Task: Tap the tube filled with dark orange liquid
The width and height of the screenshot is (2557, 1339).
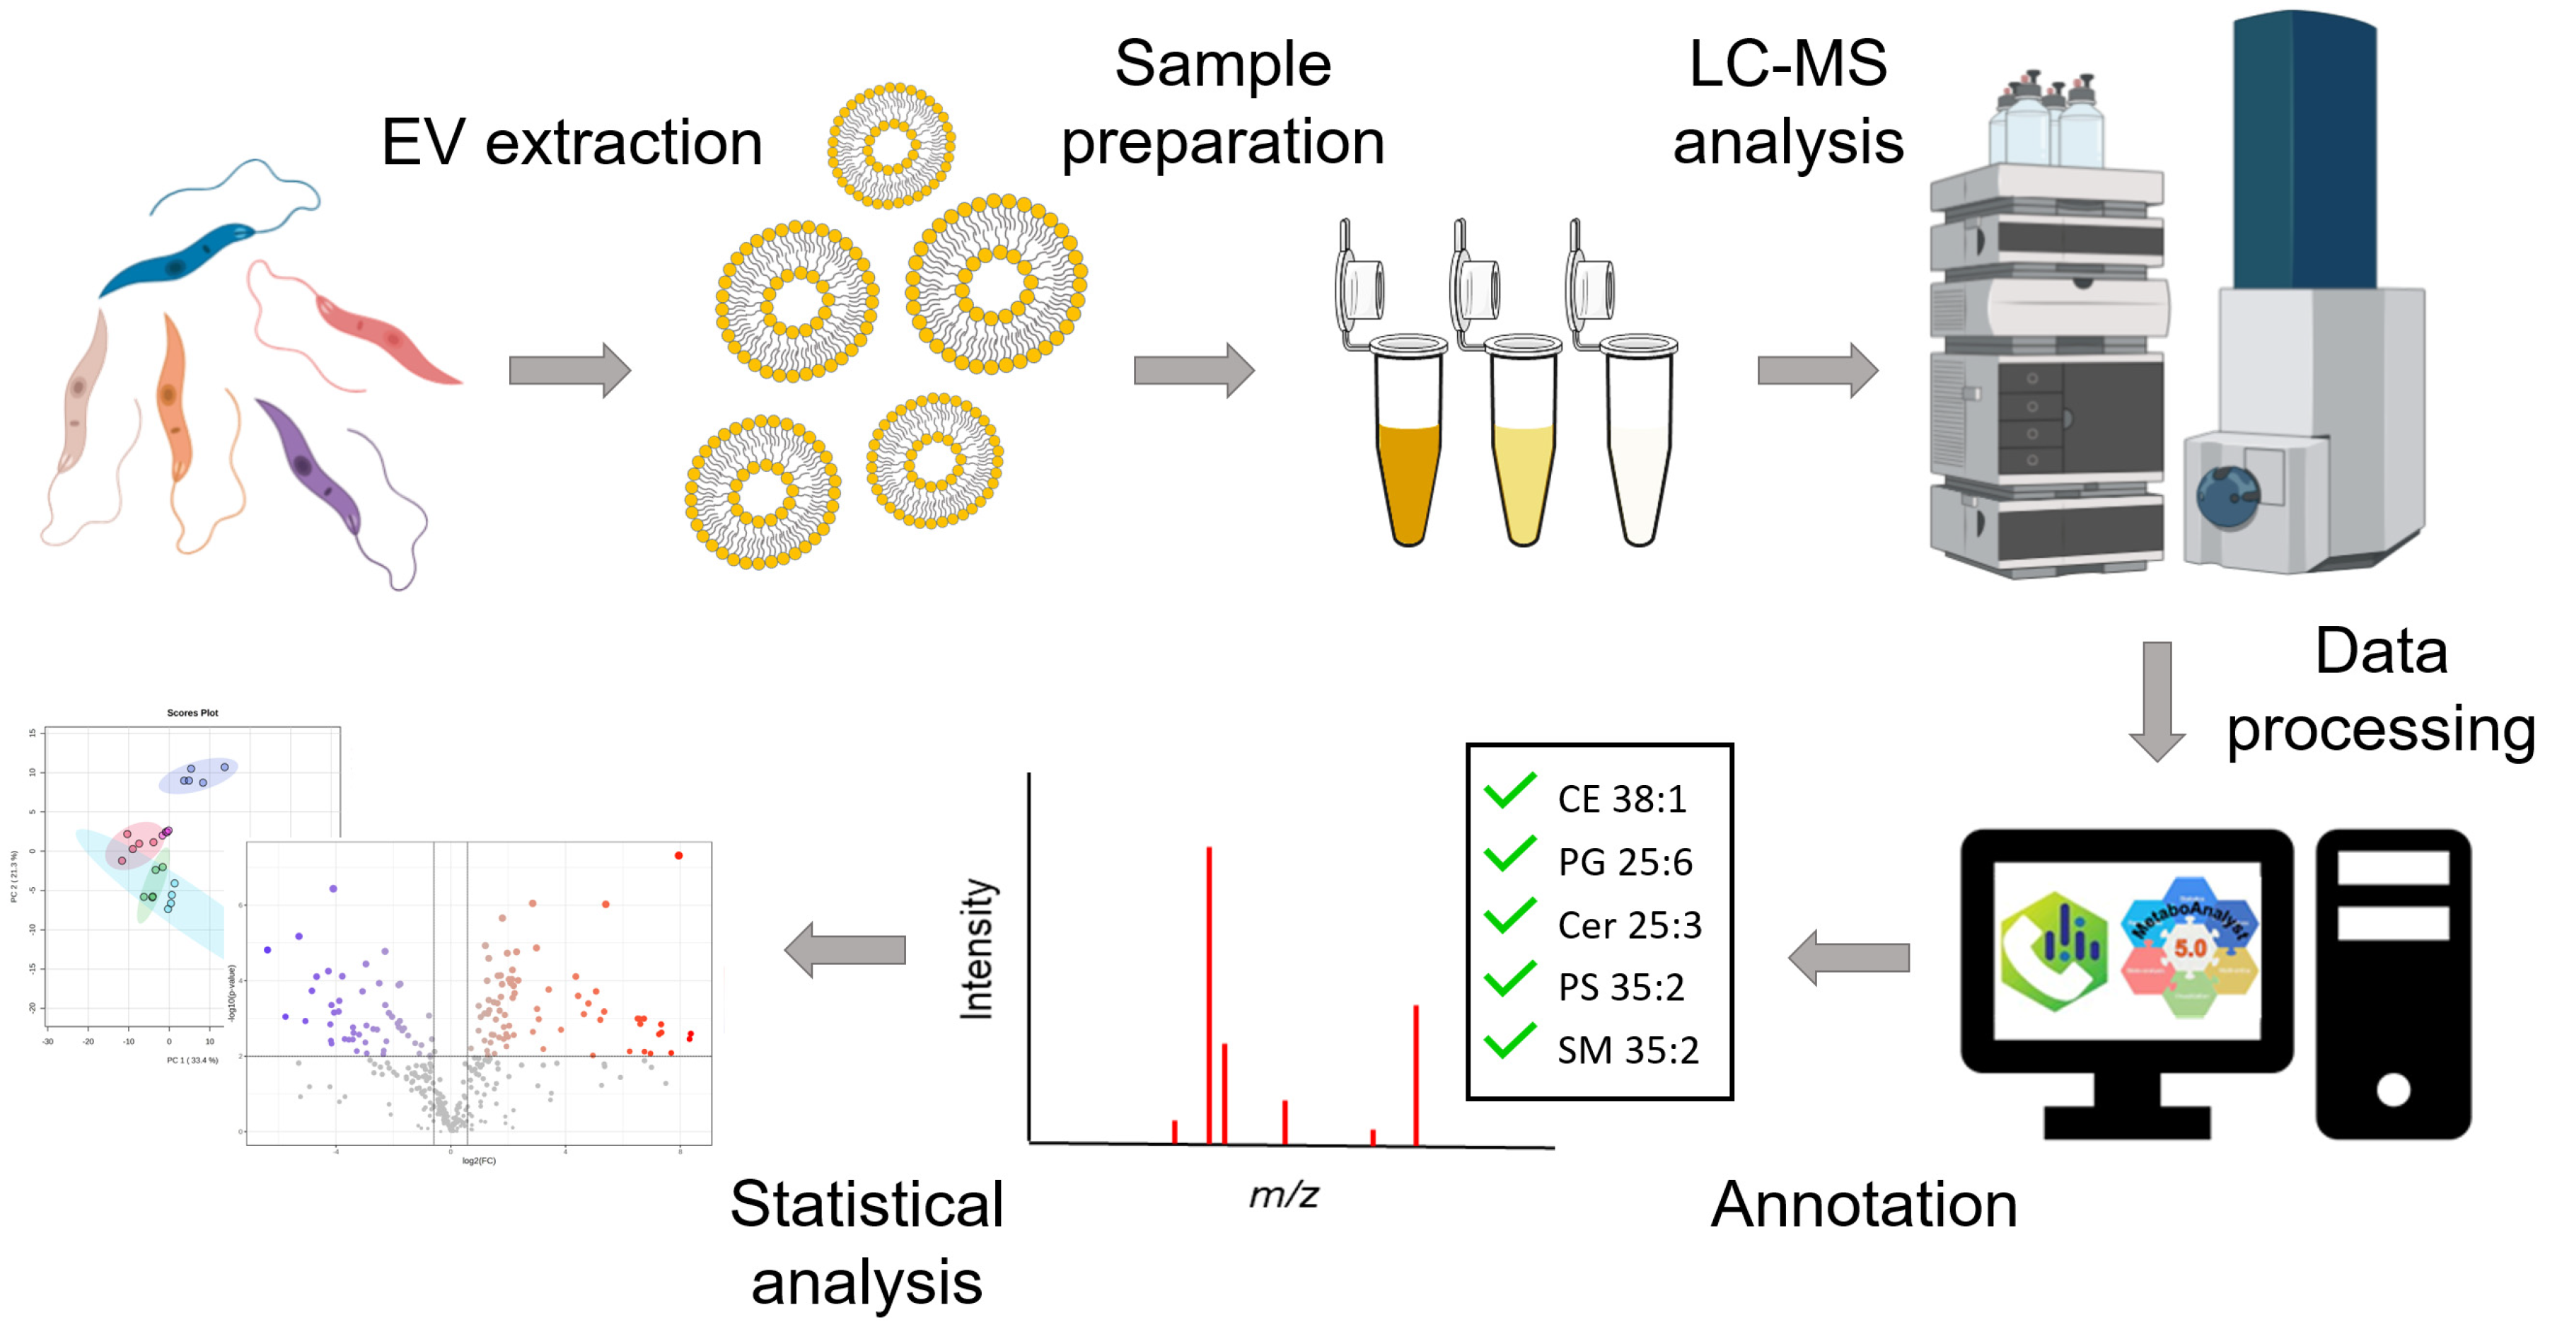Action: coord(1408,477)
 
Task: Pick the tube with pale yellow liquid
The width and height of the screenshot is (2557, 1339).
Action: coord(1523,477)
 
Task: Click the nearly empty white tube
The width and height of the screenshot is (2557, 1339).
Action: coord(1638,477)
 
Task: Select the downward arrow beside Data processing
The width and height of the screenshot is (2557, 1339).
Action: coord(2157,700)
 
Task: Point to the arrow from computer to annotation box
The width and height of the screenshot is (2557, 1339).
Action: coord(1848,958)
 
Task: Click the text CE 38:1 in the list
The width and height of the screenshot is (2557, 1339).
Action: coord(1621,799)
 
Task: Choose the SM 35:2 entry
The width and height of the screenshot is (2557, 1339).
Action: coord(1627,1050)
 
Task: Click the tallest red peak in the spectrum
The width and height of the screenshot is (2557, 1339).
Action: coord(1208,992)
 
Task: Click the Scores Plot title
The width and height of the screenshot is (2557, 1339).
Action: coord(192,713)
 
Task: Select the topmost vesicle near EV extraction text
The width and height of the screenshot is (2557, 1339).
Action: coord(891,146)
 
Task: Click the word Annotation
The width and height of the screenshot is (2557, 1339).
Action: coord(1863,1205)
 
